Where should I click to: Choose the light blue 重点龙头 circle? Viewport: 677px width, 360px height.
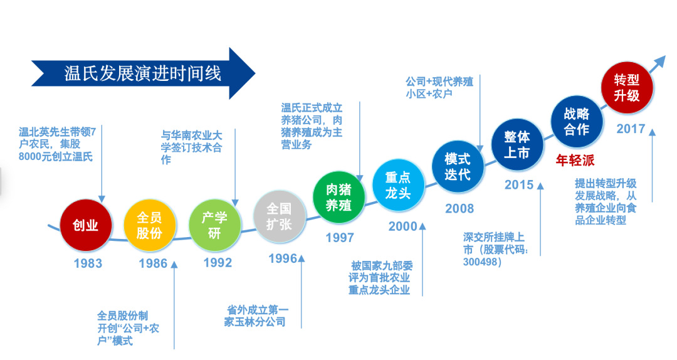pyautogui.click(x=397, y=184)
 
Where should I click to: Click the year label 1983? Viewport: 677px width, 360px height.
pyautogui.click(x=87, y=263)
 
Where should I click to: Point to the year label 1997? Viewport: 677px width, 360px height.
pyautogui.click(x=339, y=238)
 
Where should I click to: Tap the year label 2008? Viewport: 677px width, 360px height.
pyautogui.click(x=459, y=208)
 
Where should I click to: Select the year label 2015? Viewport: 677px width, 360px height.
pyautogui.click(x=519, y=184)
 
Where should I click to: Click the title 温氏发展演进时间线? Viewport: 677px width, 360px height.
pyautogui.click(x=143, y=73)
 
